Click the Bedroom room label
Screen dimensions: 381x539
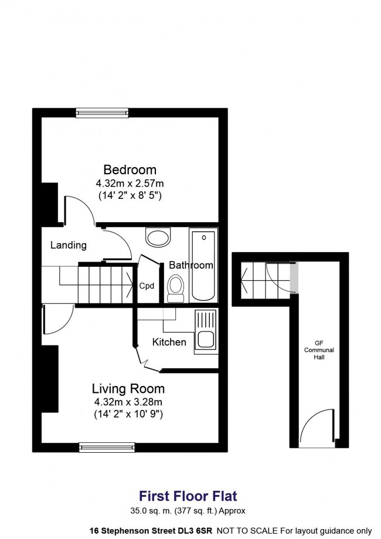click(x=130, y=170)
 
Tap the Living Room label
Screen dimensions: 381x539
click(x=128, y=389)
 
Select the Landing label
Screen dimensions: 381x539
click(x=69, y=245)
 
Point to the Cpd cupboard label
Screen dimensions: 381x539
click(x=147, y=286)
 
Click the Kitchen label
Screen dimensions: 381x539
click(x=169, y=342)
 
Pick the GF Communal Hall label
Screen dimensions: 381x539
click(x=319, y=350)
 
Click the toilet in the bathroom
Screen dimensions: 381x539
click(x=176, y=288)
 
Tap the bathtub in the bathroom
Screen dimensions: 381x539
click(x=204, y=265)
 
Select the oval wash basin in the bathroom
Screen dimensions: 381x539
click(x=158, y=236)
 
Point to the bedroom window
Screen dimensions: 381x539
click(x=102, y=113)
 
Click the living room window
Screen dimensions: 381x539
click(x=107, y=448)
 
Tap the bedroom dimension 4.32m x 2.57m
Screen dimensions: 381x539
click(x=130, y=183)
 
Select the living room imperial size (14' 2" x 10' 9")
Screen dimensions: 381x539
click(x=128, y=414)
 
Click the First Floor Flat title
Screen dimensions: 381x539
click(x=188, y=496)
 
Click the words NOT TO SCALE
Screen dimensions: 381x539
click(x=247, y=531)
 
